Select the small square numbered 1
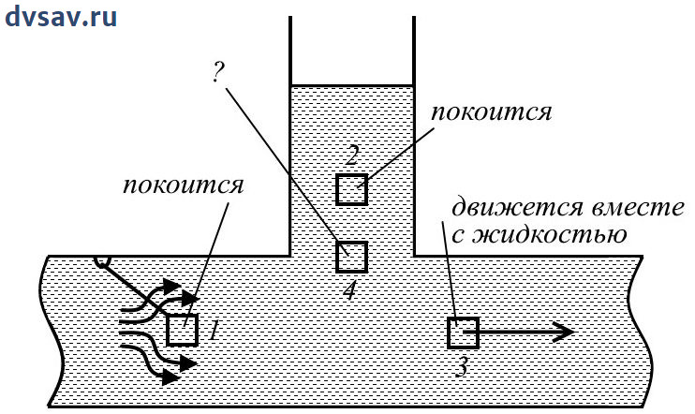click(182, 330)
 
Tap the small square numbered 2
click(351, 189)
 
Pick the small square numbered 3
click(463, 333)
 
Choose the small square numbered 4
click(351, 256)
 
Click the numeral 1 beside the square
click(214, 330)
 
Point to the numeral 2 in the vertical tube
click(351, 155)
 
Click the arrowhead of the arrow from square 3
click(562, 332)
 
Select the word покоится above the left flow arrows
click(184, 184)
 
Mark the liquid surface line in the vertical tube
click(351, 85)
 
